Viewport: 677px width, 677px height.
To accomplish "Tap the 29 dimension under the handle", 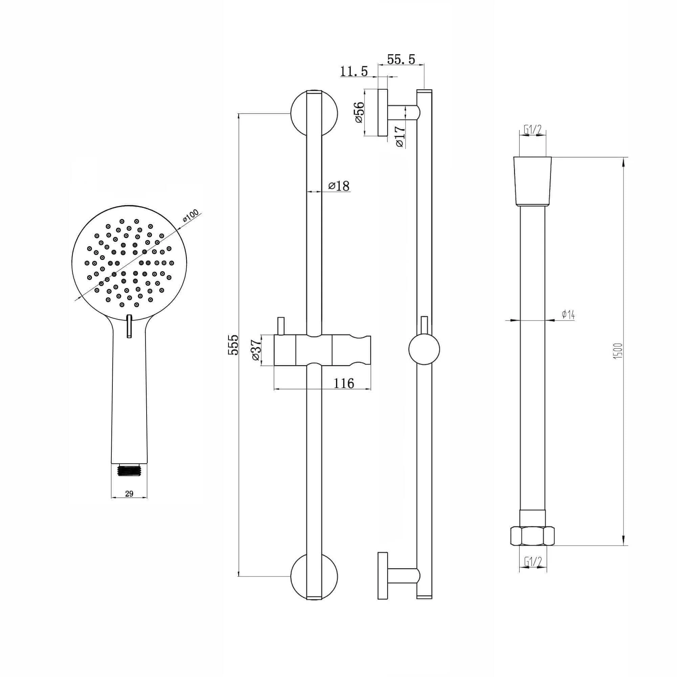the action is pos(129,494).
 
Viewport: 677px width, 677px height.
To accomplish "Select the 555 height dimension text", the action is pos(233,345).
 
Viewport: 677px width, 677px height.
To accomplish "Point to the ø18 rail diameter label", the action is pos(339,186).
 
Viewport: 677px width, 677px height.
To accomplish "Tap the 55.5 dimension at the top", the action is pos(401,60).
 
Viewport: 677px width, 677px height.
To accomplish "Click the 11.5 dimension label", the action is pos(354,71).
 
